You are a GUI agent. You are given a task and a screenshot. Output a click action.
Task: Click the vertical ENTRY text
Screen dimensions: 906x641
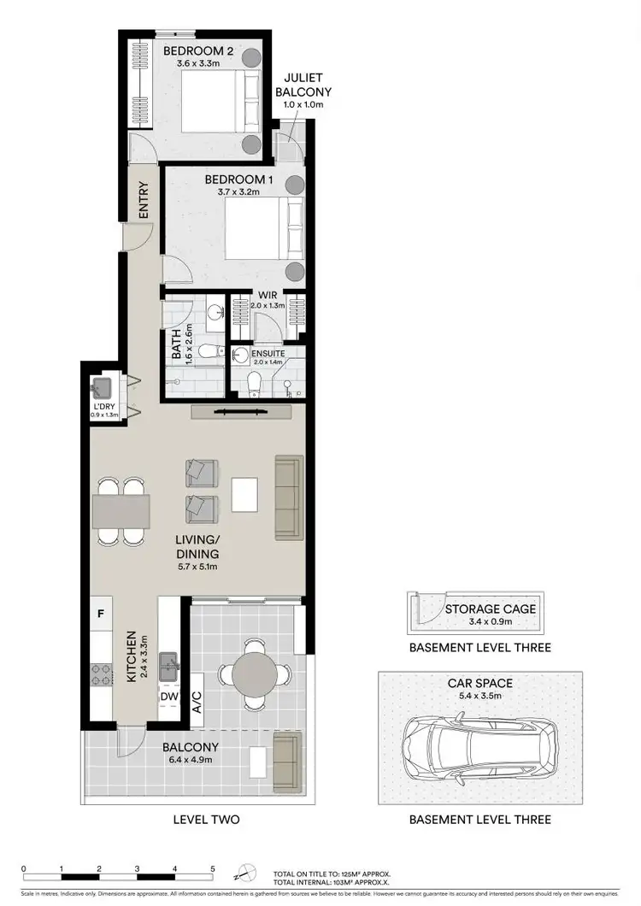[x=144, y=200]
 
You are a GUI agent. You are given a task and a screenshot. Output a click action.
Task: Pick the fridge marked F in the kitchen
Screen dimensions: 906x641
[x=101, y=613]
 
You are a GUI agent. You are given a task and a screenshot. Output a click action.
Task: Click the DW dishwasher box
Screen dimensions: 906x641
[x=168, y=697]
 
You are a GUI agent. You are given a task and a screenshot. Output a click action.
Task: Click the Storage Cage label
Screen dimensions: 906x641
[x=491, y=609]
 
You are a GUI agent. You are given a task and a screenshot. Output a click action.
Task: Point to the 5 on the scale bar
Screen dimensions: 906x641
[x=212, y=869]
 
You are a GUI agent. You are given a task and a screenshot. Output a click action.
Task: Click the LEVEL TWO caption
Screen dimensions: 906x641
[x=206, y=819]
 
